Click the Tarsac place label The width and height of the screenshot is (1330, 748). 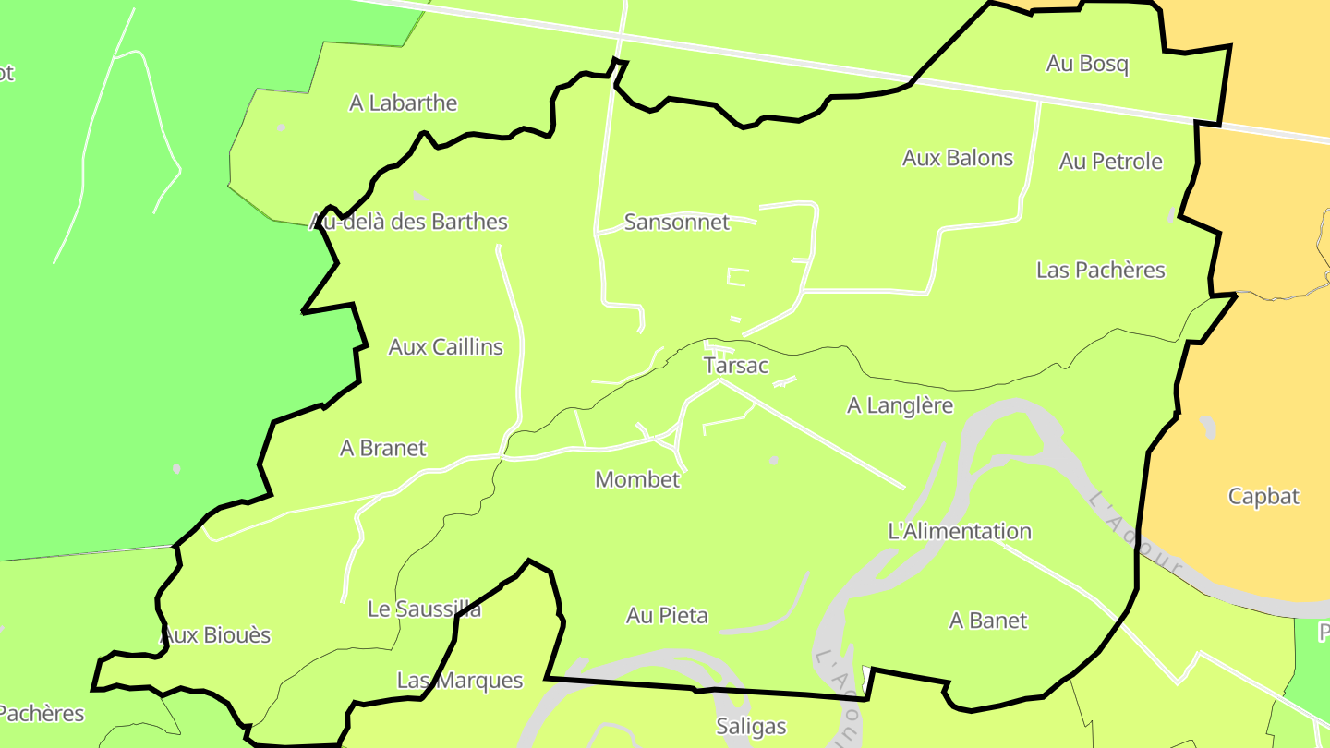pos(735,366)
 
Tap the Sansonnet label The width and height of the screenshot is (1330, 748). pos(677,223)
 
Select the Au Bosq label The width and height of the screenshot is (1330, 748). pos(1087,65)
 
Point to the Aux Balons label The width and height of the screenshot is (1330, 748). pos(958,159)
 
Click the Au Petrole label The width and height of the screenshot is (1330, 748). pos(1110,162)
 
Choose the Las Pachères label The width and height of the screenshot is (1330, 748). pos(1100,271)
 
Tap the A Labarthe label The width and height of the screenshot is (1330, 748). pos(403,103)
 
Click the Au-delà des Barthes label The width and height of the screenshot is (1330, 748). pos(408,223)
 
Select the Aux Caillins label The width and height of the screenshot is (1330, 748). pos(445,347)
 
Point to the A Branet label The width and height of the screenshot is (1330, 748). pos(383,449)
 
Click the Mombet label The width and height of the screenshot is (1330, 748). pos(637,480)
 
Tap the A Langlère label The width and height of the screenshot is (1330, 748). pos(900,405)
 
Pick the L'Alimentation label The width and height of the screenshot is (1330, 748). pos(959,532)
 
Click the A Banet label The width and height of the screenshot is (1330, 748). pos(987,621)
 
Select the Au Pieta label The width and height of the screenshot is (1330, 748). pos(667,616)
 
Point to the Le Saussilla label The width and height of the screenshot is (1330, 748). pos(424,609)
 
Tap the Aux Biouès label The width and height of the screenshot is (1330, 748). pos(216,635)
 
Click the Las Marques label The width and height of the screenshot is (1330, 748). pos(459,682)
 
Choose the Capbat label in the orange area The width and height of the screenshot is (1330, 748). pos(1263,497)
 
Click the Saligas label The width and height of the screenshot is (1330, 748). pos(751,727)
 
